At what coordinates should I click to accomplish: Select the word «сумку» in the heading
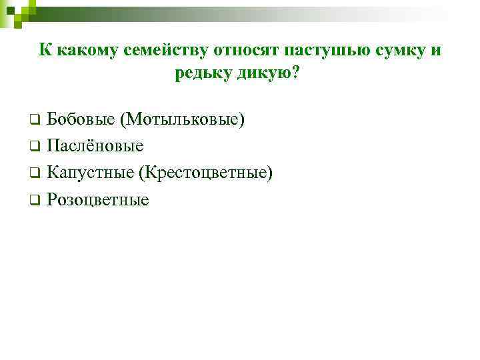395,51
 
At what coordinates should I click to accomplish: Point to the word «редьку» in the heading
203,73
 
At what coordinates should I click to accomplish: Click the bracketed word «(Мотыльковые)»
183,119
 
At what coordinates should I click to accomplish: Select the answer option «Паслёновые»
95,146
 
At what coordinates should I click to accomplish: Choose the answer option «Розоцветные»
98,199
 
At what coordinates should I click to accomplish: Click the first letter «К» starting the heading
45,51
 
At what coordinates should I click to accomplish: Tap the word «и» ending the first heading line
436,51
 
